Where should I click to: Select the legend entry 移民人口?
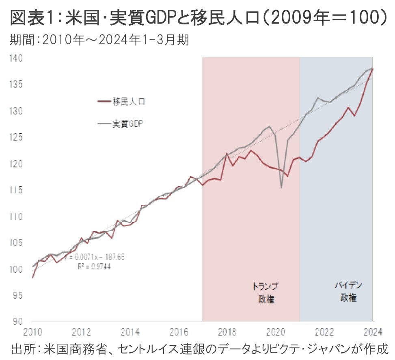[129, 102]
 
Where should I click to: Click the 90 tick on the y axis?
[16, 322]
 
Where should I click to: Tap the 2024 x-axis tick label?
[373, 332]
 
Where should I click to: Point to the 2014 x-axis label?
[130, 332]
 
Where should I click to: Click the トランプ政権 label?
[266, 293]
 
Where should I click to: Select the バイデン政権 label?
[348, 291]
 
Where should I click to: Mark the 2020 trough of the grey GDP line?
[281, 187]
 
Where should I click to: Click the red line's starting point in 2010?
[33, 278]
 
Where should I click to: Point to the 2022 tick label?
[324, 332]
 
